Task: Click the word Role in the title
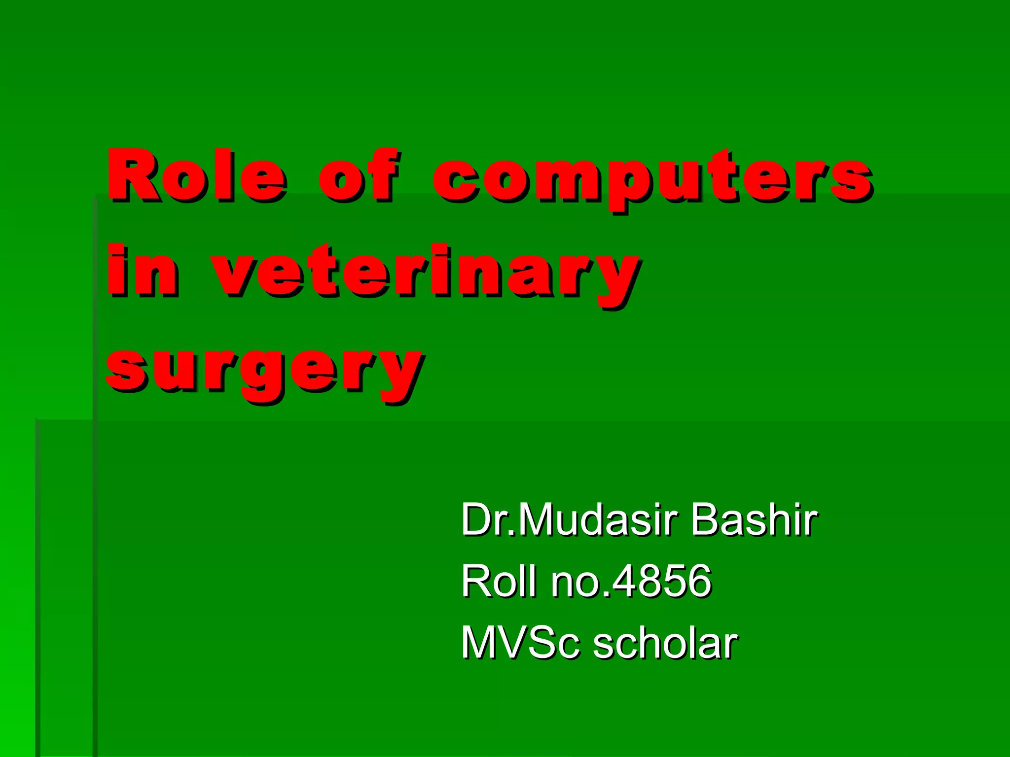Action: (x=197, y=176)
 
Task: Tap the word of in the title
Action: (x=359, y=176)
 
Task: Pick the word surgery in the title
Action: (x=264, y=371)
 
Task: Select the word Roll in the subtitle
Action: (x=498, y=582)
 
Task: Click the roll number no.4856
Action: (x=631, y=582)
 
